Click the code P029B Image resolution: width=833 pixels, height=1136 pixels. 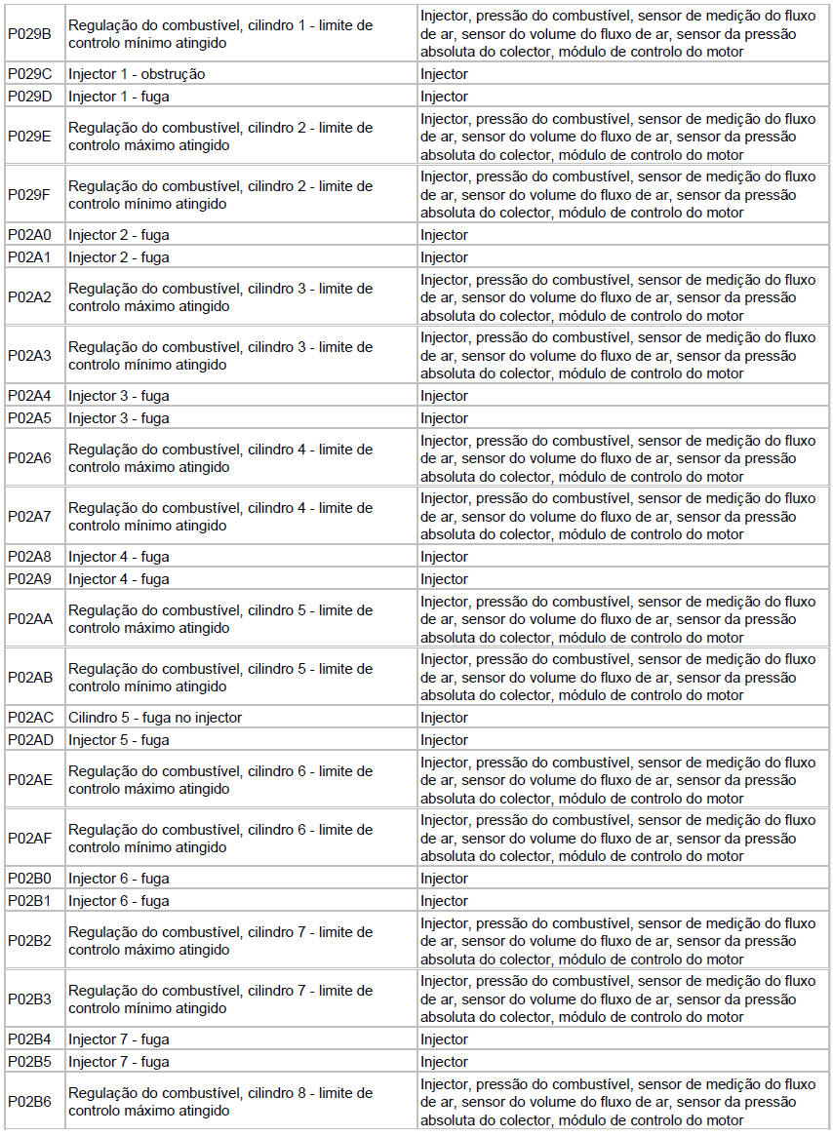30,33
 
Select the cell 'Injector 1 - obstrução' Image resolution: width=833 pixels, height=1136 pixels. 137,74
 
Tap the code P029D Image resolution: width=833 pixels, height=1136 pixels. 30,97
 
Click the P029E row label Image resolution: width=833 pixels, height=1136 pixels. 30,137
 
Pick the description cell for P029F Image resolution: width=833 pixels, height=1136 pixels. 220,195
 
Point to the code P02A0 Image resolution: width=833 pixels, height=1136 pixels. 30,235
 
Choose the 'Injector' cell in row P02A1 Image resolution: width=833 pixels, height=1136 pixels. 444,257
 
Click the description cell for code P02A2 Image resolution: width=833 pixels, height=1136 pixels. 220,297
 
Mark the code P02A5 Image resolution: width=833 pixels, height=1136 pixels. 30,418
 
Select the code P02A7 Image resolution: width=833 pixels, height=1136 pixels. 30,517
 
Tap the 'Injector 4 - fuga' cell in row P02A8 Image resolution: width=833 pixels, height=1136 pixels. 119,557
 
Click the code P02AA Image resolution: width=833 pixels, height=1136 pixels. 30,619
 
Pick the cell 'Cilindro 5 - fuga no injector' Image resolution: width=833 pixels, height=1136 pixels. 155,718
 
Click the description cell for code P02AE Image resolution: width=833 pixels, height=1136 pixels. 220,780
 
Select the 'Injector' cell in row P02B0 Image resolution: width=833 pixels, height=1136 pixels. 444,879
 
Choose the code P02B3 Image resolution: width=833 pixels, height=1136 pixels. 30,999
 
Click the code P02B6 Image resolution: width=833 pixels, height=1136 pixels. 30,1102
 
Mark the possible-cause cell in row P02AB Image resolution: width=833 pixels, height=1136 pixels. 617,678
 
